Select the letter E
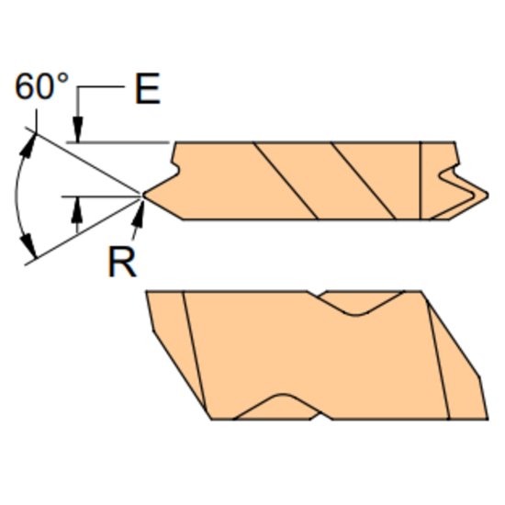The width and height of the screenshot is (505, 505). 147,91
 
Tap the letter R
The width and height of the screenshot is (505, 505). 122,263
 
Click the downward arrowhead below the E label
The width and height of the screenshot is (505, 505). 80,133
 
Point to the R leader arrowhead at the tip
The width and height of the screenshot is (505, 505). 140,206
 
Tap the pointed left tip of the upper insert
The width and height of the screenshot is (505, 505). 145,194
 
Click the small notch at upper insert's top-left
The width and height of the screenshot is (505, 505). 175,167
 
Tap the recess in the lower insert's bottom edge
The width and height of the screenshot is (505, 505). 279,408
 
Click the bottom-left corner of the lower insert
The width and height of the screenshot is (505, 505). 212,420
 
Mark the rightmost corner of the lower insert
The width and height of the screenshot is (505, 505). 484,376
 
